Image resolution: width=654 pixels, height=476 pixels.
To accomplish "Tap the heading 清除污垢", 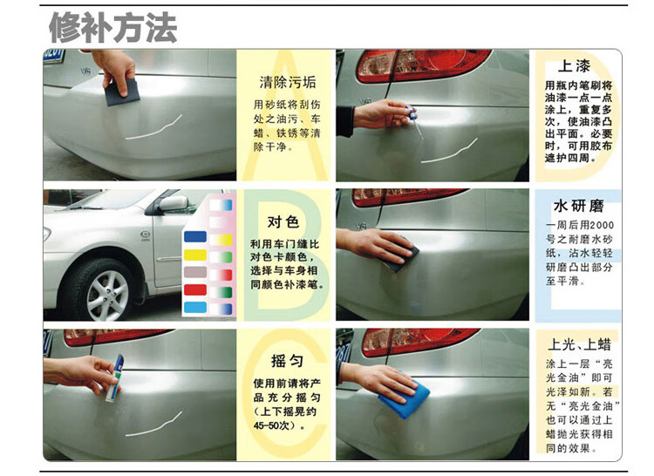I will point(284,83).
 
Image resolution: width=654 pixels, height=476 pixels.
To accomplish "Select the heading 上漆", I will point(575,65).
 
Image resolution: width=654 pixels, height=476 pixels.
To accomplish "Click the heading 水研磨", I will point(577,206).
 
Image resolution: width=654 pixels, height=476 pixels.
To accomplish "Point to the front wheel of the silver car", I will point(106,289).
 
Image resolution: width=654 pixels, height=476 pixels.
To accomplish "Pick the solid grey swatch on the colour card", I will point(195,272).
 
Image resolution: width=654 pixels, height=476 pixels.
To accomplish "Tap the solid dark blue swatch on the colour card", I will point(195,236).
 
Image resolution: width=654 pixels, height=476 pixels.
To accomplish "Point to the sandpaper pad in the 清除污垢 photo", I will point(123,90).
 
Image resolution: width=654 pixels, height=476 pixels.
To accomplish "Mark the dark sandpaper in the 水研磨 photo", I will point(401,258).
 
